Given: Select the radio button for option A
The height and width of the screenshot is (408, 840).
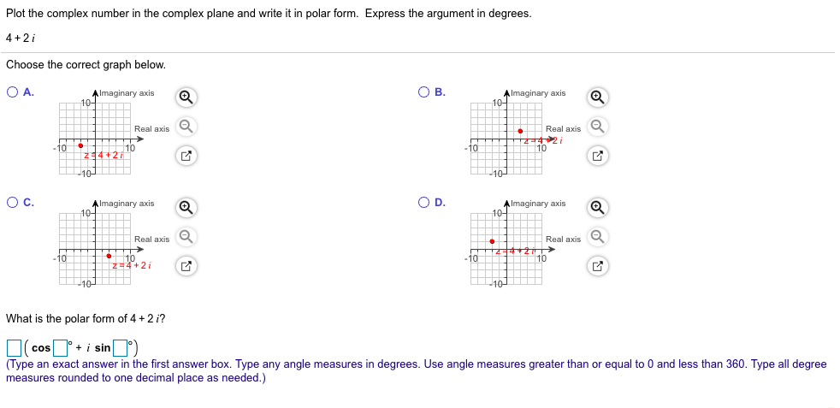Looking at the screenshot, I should pos(12,93).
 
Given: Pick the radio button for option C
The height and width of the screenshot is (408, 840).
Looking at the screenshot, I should pos(12,204).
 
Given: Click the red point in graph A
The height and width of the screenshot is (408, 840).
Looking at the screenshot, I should pos(80,145).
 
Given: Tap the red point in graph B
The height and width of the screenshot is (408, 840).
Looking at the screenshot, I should pos(520,131).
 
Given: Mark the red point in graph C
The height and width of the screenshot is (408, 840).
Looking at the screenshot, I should pos(109,256).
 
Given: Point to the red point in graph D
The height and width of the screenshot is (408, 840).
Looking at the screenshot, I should pos(492,241).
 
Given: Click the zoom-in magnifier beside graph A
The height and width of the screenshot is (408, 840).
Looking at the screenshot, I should pos(185,98).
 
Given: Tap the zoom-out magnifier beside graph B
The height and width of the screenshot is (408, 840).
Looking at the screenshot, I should pos(598,127).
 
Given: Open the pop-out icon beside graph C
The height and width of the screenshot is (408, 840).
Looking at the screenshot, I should pos(185,265).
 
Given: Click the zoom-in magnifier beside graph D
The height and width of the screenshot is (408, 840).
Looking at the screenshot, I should pos(598,208).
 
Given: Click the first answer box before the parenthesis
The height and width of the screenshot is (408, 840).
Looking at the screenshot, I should pos(14,348).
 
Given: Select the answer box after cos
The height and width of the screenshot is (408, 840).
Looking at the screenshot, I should pos(60,348).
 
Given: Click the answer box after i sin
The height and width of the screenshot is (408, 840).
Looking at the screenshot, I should pos(121,348).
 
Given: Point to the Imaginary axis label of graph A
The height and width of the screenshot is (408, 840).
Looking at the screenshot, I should pos(127,92).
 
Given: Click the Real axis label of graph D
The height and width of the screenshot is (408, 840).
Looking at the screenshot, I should pos(563,239).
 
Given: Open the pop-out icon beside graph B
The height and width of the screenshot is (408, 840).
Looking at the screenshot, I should pos(598,156).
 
